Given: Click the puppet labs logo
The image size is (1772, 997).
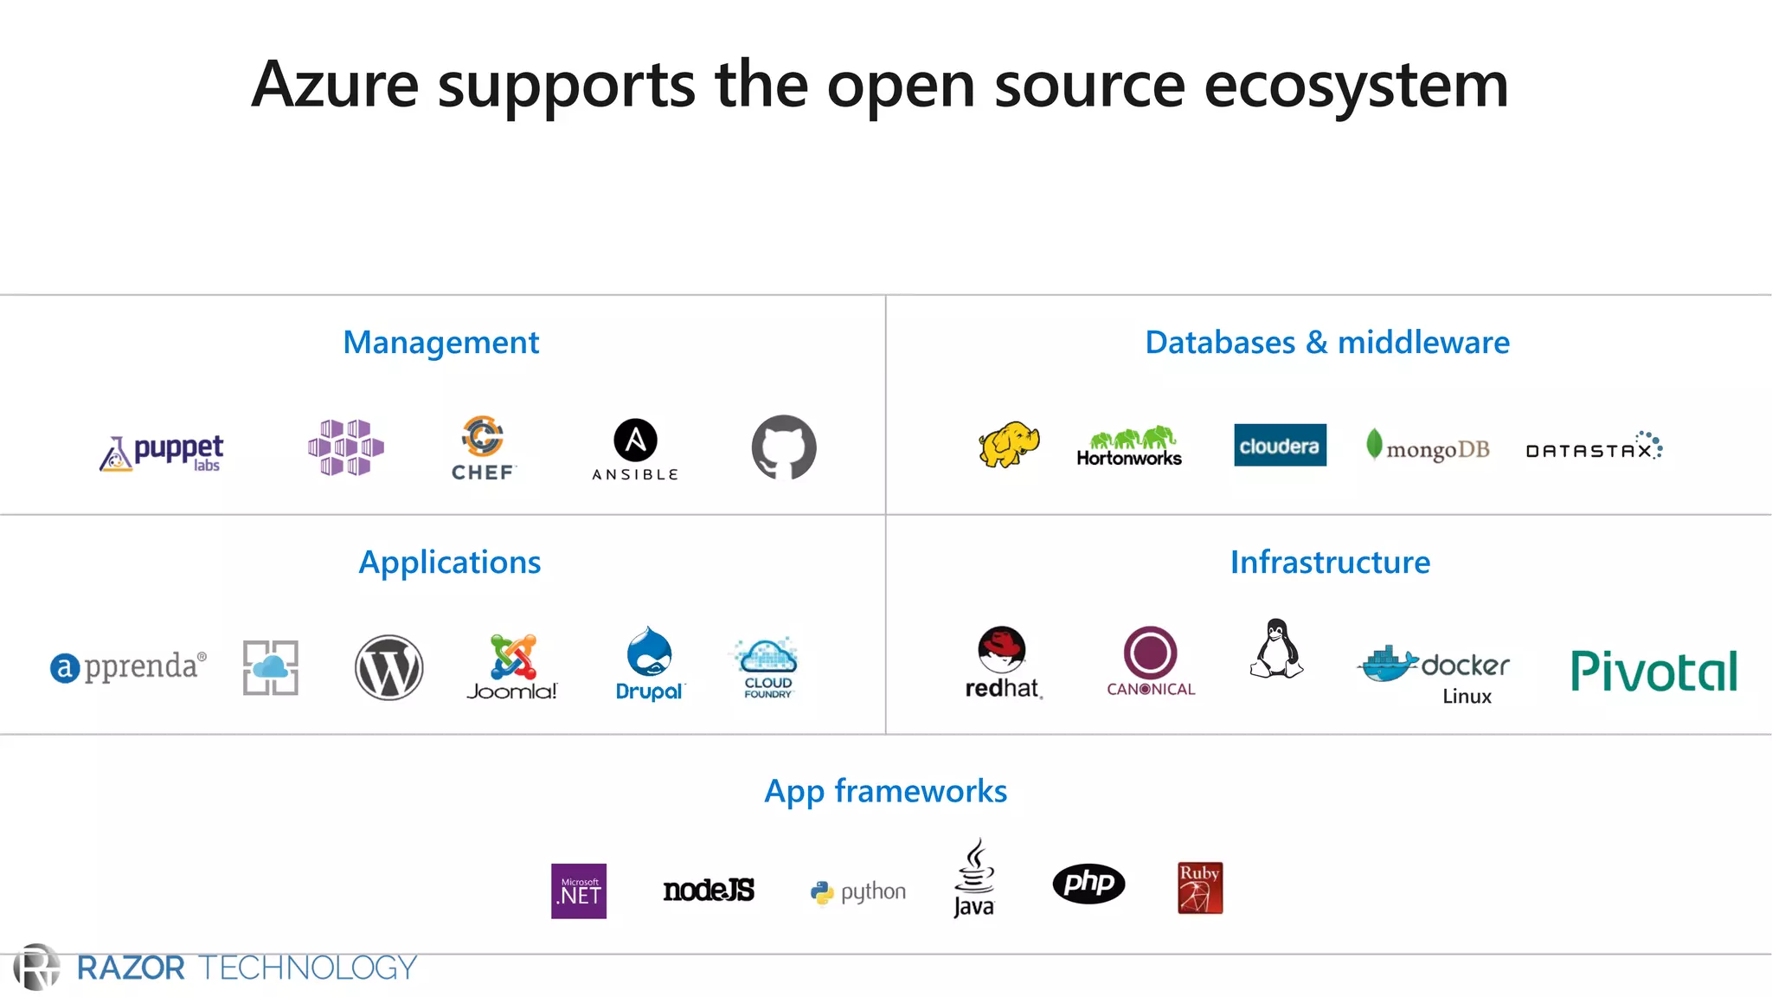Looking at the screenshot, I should coord(162,452).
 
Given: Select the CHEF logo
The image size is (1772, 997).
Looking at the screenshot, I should coord(483,447).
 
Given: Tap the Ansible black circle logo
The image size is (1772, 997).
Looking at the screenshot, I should coord(635,441).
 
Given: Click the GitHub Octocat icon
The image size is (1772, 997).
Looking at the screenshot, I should coord(784,447).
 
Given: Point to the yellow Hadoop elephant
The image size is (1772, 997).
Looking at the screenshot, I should coord(1009,445).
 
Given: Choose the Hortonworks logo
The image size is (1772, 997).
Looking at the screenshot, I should coord(1129,447).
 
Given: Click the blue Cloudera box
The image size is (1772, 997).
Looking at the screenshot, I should coord(1280,446).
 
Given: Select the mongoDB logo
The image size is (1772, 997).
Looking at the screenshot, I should coord(1428,447).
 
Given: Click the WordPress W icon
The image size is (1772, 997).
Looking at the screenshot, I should coord(389,667).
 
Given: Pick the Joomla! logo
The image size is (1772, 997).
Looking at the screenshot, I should coord(512,667).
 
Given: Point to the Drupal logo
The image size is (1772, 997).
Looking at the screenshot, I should coord(649,664).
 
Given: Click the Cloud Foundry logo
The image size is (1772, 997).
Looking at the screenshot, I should coord(767,668).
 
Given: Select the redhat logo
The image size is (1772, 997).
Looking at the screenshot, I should coord(1002,662).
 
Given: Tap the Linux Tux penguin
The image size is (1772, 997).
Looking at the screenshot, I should coord(1276,649).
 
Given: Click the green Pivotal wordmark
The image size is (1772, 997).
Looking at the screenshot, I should coord(1653,671).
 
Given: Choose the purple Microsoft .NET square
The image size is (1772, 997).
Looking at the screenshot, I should coord(579,891).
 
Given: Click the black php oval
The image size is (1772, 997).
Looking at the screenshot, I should coord(1088,884).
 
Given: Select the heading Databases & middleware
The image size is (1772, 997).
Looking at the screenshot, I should coord(1327,343).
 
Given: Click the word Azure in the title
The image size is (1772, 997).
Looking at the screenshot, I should coord(335,85).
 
